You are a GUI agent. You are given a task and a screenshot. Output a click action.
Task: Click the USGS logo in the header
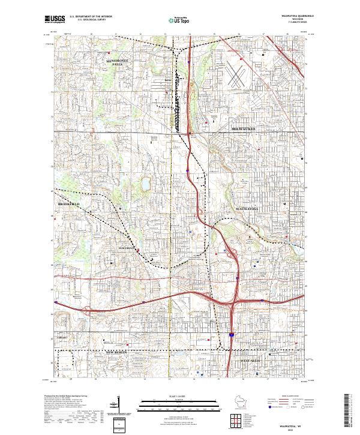tap(55, 19)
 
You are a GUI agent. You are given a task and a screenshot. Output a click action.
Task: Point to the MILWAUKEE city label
tap(244, 128)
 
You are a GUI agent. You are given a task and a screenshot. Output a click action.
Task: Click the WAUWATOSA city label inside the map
tap(243, 207)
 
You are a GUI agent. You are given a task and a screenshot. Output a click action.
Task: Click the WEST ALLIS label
tap(253, 361)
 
